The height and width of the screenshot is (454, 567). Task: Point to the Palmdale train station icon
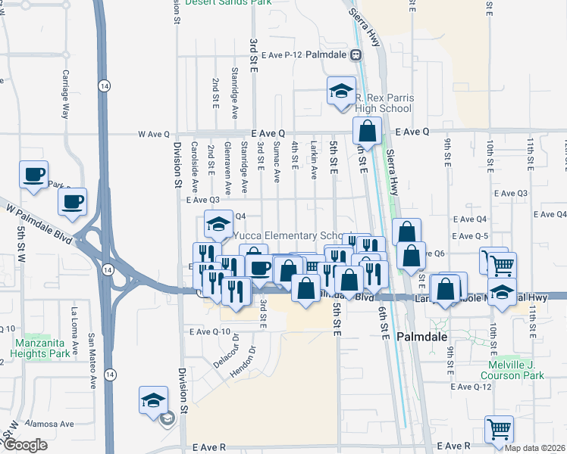354,55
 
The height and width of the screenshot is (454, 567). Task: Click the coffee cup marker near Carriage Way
33,175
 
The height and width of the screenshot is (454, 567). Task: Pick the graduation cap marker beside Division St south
153,400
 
